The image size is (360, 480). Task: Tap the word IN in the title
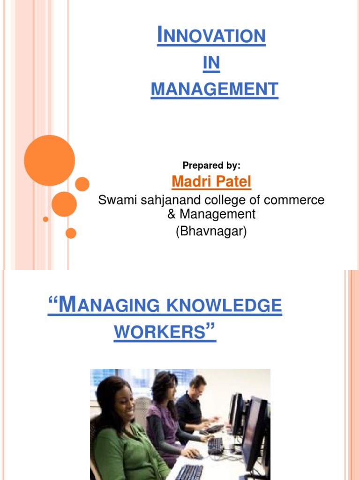point(211,63)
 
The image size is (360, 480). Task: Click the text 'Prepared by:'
point(211,165)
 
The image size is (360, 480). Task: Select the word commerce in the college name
point(295,200)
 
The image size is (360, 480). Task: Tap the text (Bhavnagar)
point(211,231)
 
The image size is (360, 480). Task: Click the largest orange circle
point(49,160)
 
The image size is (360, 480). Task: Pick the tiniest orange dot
point(45,219)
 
